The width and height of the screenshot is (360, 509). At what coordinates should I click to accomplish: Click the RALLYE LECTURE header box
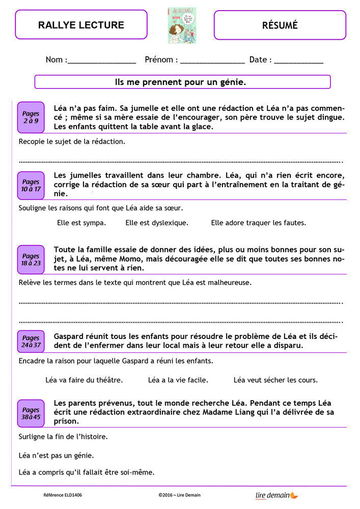(x=81, y=24)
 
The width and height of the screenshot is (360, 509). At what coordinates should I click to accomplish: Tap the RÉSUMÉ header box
(x=280, y=25)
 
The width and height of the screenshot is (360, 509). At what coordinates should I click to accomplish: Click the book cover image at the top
(x=182, y=25)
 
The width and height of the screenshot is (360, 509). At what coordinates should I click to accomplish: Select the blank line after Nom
(x=102, y=61)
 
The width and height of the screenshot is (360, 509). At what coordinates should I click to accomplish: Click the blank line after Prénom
(x=212, y=61)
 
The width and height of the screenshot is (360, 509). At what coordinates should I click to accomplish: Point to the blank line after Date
(x=298, y=61)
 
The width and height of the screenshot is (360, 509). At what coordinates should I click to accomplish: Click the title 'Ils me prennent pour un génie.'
(x=182, y=81)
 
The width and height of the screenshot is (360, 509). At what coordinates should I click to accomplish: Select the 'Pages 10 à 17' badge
(x=31, y=185)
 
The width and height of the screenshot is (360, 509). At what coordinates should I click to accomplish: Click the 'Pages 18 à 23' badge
(x=31, y=260)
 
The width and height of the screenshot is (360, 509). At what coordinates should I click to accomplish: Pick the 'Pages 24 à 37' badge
(x=31, y=341)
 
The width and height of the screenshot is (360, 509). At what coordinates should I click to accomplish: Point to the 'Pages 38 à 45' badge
(x=31, y=413)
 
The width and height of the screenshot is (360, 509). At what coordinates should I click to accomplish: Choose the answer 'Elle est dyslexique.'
(x=157, y=222)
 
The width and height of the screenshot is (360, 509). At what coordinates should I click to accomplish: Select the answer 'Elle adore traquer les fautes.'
(x=258, y=222)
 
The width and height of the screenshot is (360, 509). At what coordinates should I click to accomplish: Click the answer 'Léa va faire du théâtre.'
(x=84, y=380)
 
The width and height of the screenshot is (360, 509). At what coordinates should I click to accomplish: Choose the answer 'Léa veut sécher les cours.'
(x=275, y=380)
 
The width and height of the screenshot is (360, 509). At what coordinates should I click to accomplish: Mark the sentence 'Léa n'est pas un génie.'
(x=56, y=455)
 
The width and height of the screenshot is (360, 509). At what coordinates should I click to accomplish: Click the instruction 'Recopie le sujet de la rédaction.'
(x=72, y=142)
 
